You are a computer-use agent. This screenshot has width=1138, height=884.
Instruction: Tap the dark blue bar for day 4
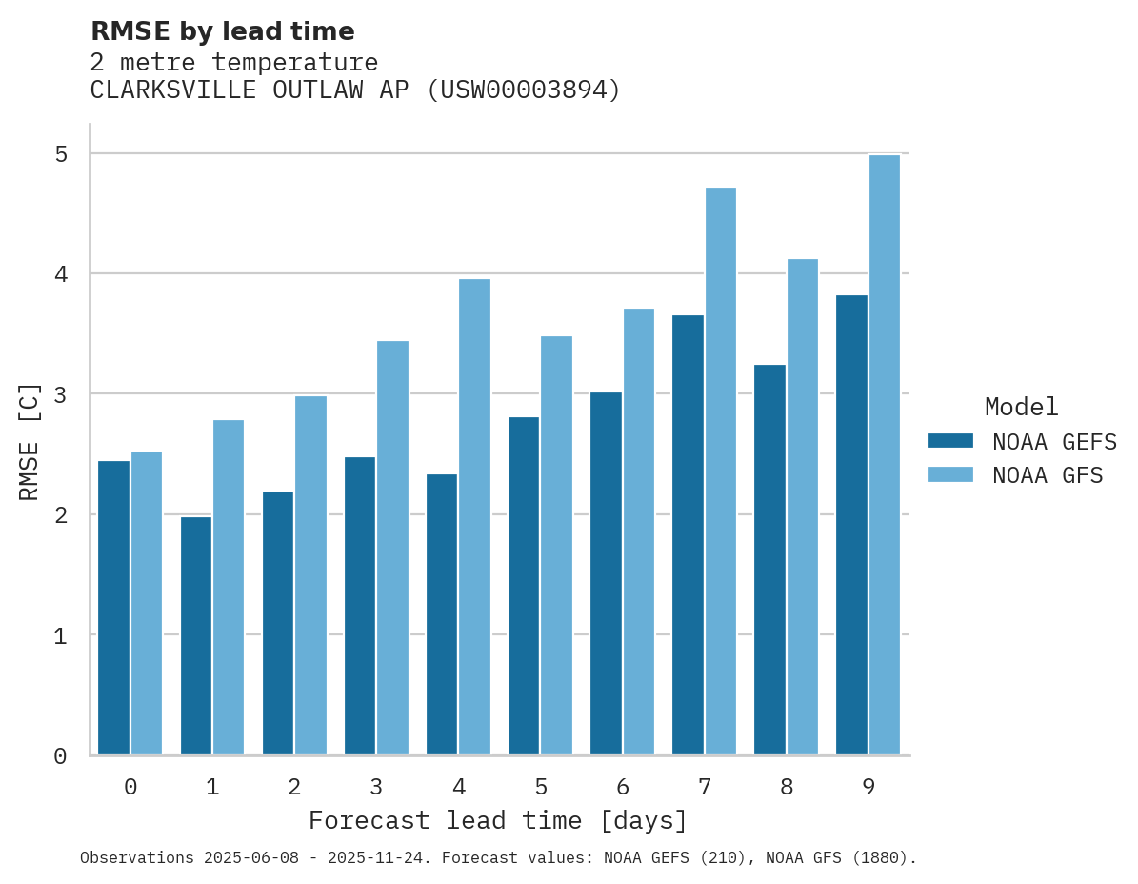[x=442, y=614]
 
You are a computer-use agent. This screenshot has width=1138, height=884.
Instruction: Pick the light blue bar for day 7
[x=720, y=472]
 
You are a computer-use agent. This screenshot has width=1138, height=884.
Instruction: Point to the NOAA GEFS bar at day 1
[x=195, y=635]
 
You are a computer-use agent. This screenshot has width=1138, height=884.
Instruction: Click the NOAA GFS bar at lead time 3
[x=392, y=548]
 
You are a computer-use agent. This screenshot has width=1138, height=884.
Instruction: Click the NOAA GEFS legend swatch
[x=950, y=441]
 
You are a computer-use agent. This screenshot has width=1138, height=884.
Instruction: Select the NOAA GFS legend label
[x=1048, y=475]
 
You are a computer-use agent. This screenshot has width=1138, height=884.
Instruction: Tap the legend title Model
[x=1021, y=408]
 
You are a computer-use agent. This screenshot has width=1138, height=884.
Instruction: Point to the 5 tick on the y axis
[x=60, y=154]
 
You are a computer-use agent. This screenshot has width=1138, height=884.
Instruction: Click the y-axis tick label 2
[x=60, y=515]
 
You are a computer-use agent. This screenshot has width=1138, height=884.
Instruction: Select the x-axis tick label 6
[x=623, y=787]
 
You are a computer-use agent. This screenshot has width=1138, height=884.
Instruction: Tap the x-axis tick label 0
[x=130, y=787]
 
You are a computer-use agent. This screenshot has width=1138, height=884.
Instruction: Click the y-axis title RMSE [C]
[x=30, y=441]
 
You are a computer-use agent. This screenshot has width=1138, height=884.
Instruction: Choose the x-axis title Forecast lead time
[x=497, y=820]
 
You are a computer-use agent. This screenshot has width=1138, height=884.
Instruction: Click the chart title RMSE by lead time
[x=222, y=31]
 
